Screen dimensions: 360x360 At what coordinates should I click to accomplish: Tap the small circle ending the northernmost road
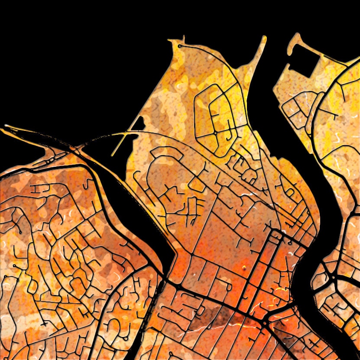coord(179,45)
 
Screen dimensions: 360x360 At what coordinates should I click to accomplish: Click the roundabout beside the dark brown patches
coord(265,323)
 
